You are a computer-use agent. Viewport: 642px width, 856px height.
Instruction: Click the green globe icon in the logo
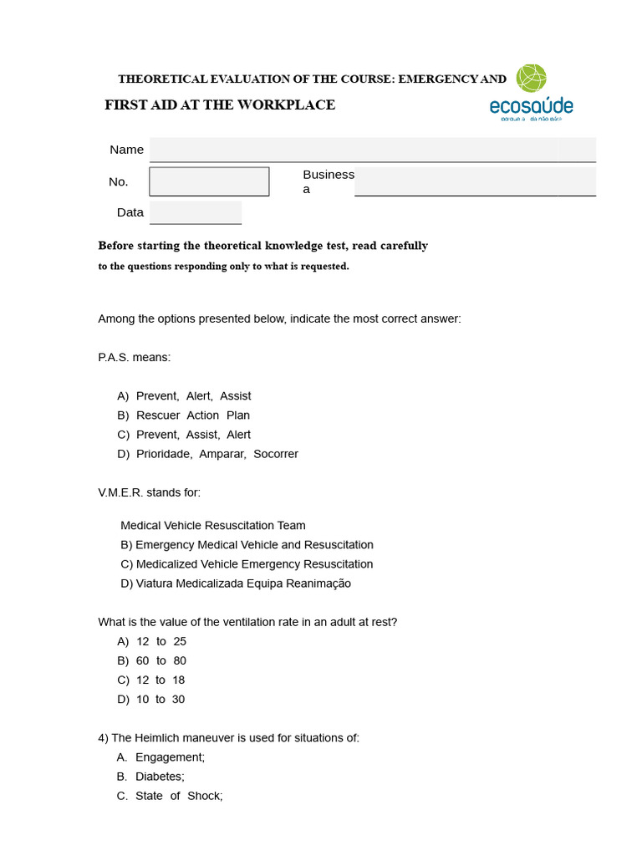pyautogui.click(x=532, y=78)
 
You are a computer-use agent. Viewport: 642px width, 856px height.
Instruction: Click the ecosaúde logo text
pyautogui.click(x=531, y=106)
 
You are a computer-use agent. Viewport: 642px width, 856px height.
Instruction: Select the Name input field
pyautogui.click(x=372, y=150)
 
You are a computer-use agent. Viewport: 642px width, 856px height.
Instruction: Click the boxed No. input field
pyautogui.click(x=209, y=181)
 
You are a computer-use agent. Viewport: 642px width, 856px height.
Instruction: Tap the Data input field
pyautogui.click(x=196, y=212)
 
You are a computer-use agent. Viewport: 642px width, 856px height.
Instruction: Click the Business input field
pyautogui.click(x=474, y=181)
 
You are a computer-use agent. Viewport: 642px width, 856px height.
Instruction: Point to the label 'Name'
pyautogui.click(x=126, y=150)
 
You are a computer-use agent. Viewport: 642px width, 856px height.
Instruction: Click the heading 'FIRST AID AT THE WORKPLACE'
pyautogui.click(x=220, y=104)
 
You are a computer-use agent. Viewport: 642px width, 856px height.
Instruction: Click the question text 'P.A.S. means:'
pyautogui.click(x=134, y=357)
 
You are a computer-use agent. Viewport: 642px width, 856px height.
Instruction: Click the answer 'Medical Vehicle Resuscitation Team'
pyautogui.click(x=213, y=526)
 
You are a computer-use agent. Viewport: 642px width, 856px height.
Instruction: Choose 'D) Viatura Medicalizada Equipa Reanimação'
pyautogui.click(x=236, y=583)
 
